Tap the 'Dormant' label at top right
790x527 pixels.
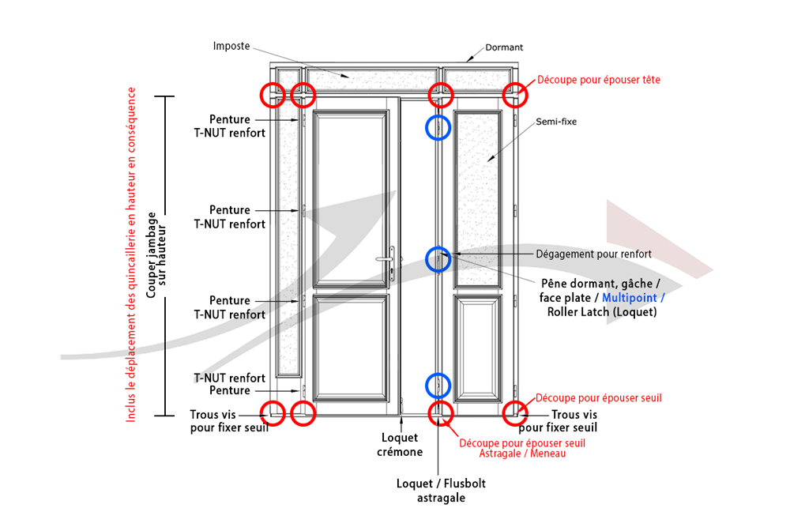pyautogui.click(x=504, y=47)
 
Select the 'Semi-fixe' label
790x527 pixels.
pyautogui.click(x=554, y=122)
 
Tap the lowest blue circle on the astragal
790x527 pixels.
pyautogui.click(x=438, y=385)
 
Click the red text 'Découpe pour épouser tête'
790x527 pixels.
pyautogui.click(x=598, y=80)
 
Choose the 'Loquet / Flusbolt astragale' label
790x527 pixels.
pyautogui.click(x=431, y=491)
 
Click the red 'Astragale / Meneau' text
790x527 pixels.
pyautogui.click(x=522, y=454)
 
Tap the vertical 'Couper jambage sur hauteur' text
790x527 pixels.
pyautogui.click(x=156, y=255)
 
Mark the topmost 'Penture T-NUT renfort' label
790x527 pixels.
pyautogui.click(x=230, y=126)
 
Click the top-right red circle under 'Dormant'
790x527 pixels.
pyautogui.click(x=516, y=94)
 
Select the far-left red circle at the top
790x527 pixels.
pyautogui.click(x=273, y=94)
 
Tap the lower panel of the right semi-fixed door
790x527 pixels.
pyautogui.click(x=478, y=348)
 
